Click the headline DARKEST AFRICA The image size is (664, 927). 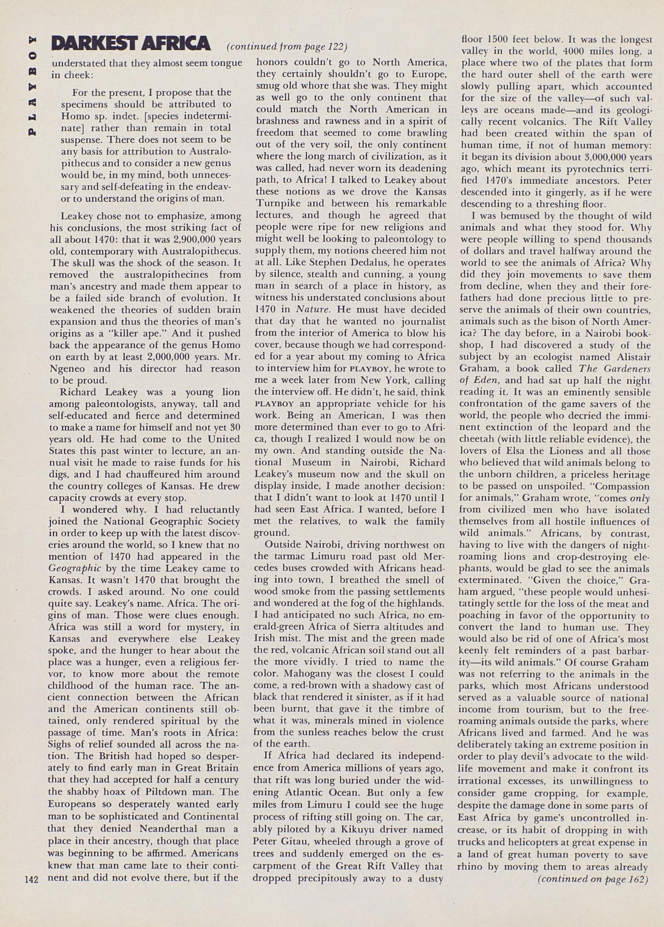pos(131,43)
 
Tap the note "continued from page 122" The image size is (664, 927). pos(287,47)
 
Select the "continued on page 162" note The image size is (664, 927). pos(593,878)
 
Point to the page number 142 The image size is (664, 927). pos(31,878)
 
